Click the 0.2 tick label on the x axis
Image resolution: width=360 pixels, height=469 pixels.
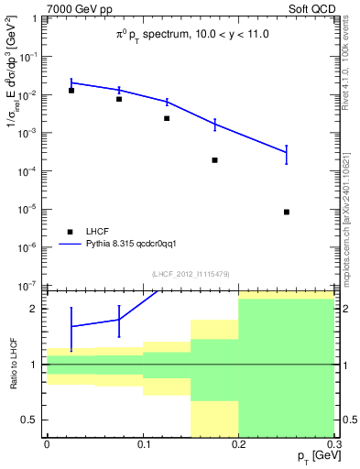(238, 445)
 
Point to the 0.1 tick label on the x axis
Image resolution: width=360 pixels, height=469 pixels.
(142, 445)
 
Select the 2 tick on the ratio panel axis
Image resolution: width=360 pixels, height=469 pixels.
(37, 309)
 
